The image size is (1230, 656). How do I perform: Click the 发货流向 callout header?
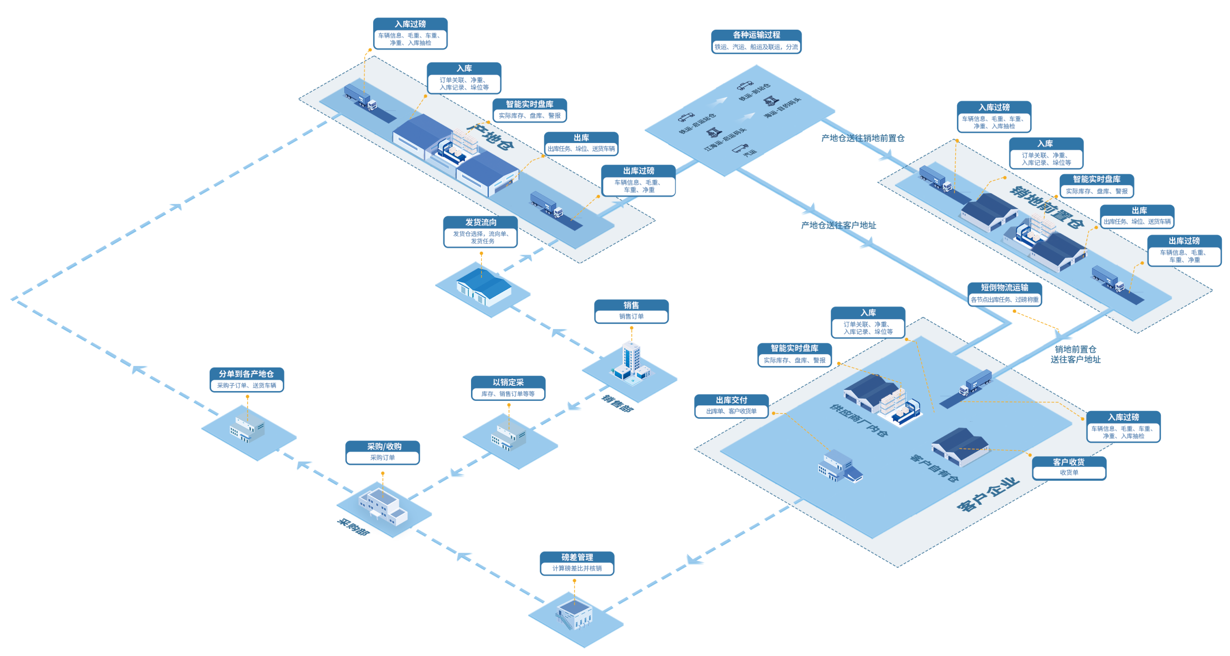[x=480, y=222]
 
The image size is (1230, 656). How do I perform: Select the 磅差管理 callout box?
[x=577, y=563]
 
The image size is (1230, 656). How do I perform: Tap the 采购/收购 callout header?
[x=383, y=446]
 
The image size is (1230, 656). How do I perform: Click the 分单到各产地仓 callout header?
[x=247, y=374]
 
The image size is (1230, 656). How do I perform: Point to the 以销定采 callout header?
[x=508, y=382]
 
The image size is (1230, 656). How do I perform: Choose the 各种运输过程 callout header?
[x=756, y=35]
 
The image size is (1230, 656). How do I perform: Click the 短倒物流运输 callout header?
[x=1004, y=288]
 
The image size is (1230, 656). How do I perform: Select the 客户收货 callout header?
[x=1069, y=462]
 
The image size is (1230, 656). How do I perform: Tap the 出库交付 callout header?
[x=731, y=400]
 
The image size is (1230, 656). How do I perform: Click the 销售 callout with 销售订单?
[x=631, y=311]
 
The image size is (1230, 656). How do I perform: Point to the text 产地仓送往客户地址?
[x=838, y=225]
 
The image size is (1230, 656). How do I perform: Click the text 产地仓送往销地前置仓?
[x=863, y=138]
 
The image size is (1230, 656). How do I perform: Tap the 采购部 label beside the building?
[x=353, y=527]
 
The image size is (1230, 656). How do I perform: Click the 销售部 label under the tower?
[x=618, y=403]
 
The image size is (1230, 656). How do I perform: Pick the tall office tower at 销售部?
[x=631, y=359]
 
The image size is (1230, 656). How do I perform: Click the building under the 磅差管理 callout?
[x=575, y=614]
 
